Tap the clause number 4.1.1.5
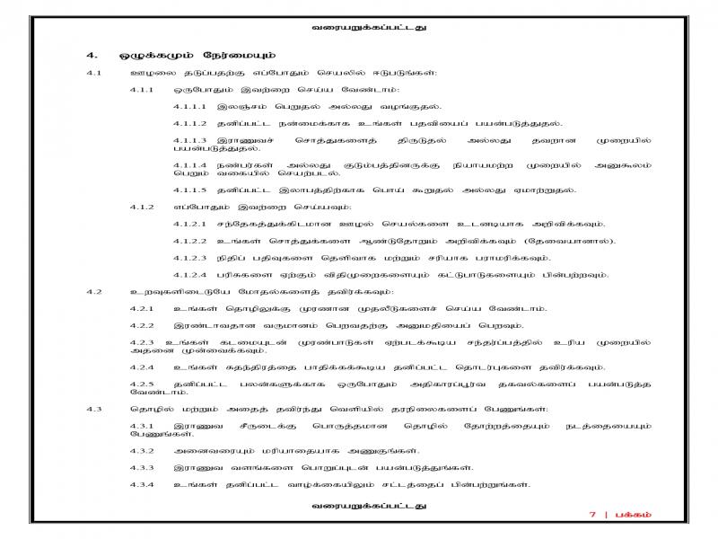point(189,190)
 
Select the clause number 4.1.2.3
point(189,257)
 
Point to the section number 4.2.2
point(142,324)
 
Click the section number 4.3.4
point(142,485)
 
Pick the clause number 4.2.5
point(142,384)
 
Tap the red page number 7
point(592,514)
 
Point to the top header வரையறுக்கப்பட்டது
point(358,27)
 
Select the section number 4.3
point(94,409)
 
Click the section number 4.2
point(94,291)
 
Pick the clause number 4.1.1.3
point(189,139)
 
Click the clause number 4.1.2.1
point(189,224)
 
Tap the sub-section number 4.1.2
point(142,207)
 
